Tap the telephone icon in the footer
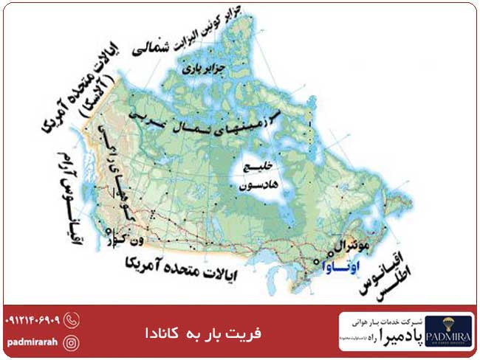72,320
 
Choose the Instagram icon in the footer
72,342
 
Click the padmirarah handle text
32,342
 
